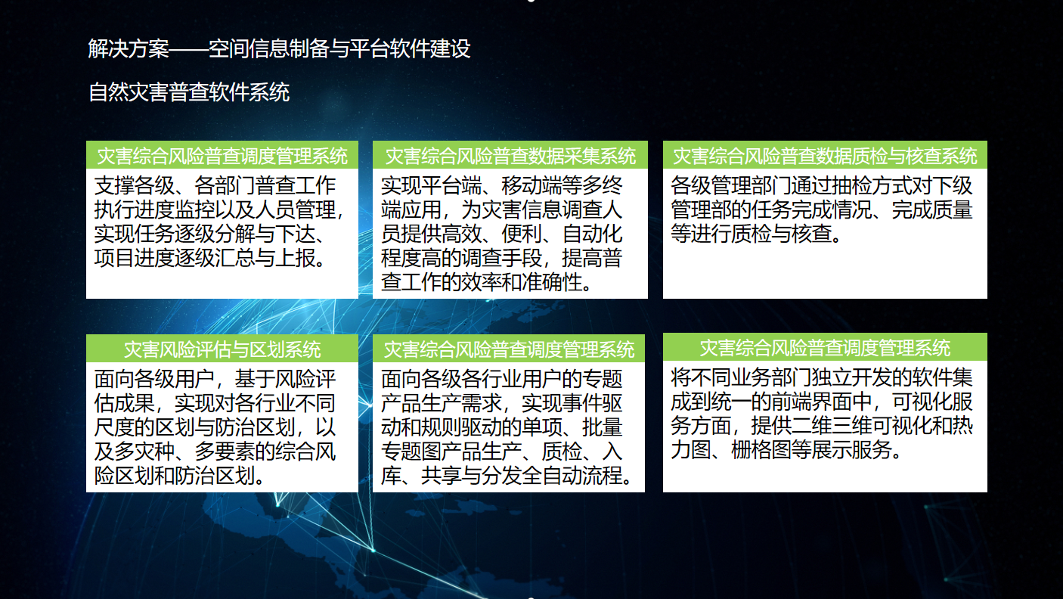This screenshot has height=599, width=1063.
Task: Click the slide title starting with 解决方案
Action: point(279,48)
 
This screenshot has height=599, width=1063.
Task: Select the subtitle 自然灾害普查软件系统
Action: point(189,92)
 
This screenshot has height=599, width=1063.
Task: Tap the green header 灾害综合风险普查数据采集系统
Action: point(510,156)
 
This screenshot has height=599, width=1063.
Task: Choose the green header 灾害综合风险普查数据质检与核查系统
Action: point(825,156)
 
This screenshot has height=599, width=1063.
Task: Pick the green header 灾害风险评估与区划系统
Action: point(222,349)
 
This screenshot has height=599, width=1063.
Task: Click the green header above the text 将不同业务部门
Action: point(825,348)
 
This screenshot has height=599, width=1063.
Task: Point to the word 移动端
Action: point(531,185)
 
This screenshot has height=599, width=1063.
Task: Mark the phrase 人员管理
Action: point(295,209)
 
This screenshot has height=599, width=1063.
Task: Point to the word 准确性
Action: point(552,282)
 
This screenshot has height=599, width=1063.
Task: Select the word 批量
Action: point(603,427)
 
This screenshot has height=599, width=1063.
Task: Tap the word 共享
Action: point(441,475)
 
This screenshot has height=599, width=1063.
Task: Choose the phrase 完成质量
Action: point(932,209)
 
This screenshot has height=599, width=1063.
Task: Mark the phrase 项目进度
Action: point(135,258)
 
